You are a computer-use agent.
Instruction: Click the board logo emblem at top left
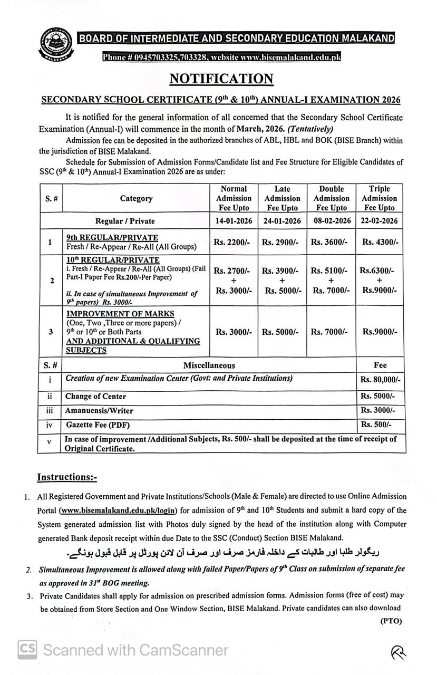(56, 45)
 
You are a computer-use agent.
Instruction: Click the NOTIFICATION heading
(221, 79)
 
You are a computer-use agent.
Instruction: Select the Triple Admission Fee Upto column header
(379, 198)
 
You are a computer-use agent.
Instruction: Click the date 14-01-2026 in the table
(234, 221)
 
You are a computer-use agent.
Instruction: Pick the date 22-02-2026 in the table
(379, 221)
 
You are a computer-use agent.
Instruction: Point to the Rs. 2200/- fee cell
(234, 243)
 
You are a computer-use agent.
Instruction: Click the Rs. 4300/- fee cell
(379, 243)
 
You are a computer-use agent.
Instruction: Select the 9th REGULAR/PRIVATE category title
(112, 238)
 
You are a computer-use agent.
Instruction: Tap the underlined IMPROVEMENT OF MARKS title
(120, 314)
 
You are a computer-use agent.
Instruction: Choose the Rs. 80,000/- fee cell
(380, 380)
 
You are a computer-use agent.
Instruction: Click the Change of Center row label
(95, 397)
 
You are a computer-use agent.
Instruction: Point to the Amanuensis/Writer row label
(99, 410)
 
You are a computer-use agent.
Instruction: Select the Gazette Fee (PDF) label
(98, 425)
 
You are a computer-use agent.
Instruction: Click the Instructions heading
(67, 477)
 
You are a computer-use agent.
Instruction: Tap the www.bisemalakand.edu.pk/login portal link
(118, 510)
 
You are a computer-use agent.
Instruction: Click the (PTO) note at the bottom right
(391, 621)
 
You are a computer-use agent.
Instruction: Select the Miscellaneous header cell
(209, 365)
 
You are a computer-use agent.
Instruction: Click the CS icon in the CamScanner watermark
(27, 649)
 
